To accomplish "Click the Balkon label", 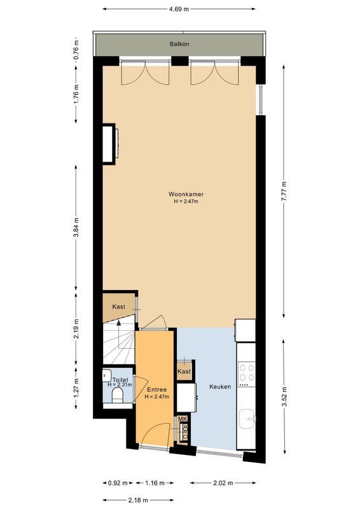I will (x=179, y=44).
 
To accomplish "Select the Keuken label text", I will (x=219, y=387).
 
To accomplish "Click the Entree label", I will (x=156, y=389).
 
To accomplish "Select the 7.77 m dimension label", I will (x=284, y=190).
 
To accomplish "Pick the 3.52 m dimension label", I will (x=284, y=395).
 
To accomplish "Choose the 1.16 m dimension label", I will (x=152, y=484).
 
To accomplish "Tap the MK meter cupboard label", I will (x=182, y=419).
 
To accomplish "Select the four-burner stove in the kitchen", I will (x=246, y=375).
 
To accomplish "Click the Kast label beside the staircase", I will (x=119, y=307).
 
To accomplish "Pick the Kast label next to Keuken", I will (x=184, y=371).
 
